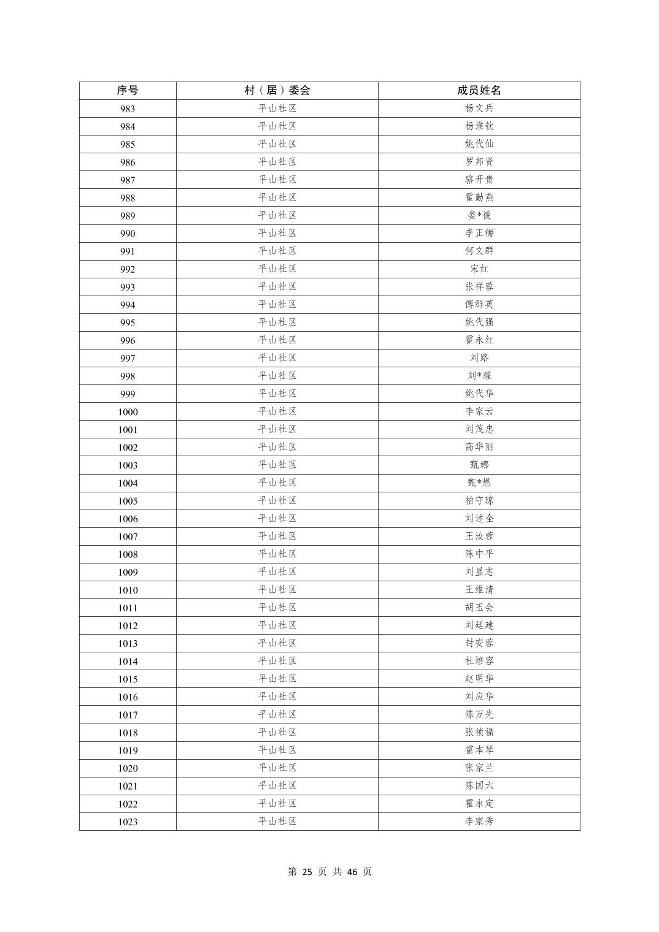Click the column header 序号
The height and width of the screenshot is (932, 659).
coord(128,91)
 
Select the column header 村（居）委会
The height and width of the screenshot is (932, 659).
coord(277,91)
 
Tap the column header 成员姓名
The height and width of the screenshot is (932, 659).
coord(479,91)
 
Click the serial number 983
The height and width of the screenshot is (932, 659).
coord(128,109)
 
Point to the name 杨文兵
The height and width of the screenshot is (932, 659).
coord(479,109)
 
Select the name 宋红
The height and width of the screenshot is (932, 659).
coord(479,269)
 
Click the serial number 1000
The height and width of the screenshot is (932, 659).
coord(128,412)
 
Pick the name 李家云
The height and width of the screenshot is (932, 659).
coord(479,411)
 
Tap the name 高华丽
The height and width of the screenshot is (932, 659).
coord(479,447)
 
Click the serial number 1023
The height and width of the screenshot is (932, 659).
coord(128,822)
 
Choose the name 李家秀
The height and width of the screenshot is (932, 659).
coord(479,822)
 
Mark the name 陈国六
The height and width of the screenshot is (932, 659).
coord(479,786)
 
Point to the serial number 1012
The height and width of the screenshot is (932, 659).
coord(128,626)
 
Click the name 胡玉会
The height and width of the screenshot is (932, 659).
coord(479,608)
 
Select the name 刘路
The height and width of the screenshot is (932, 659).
coord(479,358)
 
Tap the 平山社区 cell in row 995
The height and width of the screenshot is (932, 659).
coord(277,323)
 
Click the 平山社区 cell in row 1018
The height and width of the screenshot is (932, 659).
coord(277,733)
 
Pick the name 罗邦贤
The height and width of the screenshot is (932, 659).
coord(479,162)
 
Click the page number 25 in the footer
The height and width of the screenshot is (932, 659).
coord(307,872)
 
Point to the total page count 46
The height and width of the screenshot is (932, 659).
coord(352,872)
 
